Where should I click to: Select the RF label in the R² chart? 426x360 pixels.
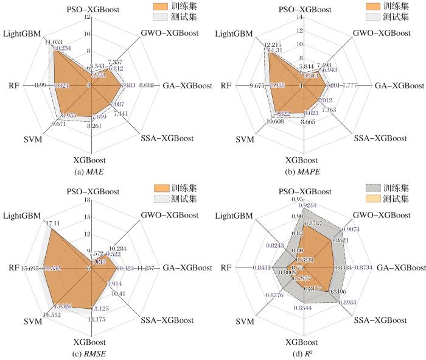[x=229, y=267]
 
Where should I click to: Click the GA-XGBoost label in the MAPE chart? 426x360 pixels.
[x=400, y=86]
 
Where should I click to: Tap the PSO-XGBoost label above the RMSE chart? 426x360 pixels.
[x=91, y=189]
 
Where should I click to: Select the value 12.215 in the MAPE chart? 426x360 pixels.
[x=256, y=44]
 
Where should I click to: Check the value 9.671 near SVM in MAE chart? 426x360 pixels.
[x=41, y=124]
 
